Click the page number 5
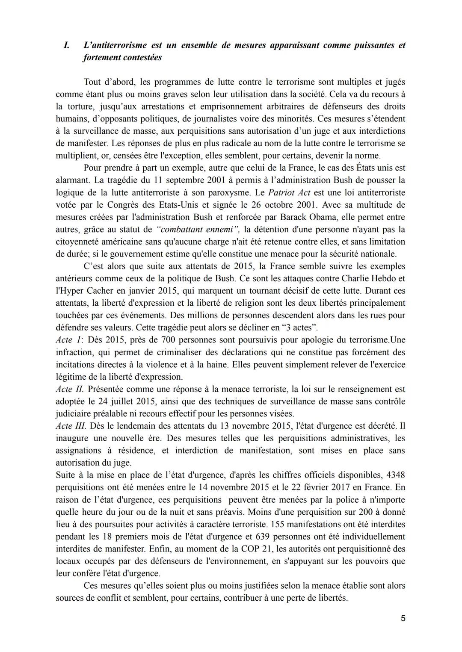click(x=403, y=618)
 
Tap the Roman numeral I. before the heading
click(x=66, y=45)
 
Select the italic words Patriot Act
click(x=289, y=192)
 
